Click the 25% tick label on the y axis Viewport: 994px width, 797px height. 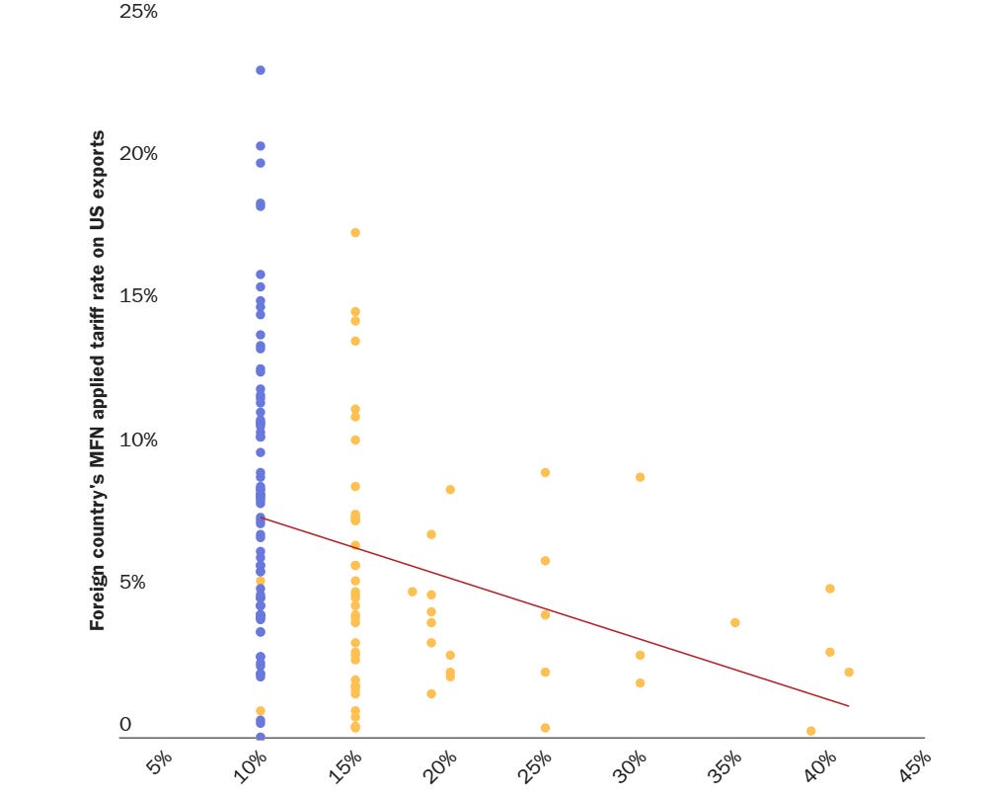point(137,12)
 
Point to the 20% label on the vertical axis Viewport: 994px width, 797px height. point(137,154)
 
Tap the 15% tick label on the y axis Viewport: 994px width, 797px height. point(137,296)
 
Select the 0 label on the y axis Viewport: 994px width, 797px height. point(125,725)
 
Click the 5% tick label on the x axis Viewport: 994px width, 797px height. point(159,765)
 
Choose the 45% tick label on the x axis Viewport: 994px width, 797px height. point(916,765)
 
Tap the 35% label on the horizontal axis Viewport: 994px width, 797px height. point(726,765)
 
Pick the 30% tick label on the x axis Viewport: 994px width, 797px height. point(632,765)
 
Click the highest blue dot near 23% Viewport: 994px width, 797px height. point(261,70)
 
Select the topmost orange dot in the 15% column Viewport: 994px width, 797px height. point(355,233)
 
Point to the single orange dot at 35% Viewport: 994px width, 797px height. point(735,623)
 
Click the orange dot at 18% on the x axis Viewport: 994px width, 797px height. point(413,592)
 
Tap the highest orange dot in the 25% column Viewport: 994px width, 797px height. point(545,473)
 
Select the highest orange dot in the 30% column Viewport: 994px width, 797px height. point(640,477)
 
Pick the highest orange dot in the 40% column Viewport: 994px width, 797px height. point(830,589)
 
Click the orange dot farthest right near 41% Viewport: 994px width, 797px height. point(849,673)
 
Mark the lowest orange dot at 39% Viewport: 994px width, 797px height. point(811,731)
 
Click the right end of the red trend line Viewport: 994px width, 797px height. point(848,706)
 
